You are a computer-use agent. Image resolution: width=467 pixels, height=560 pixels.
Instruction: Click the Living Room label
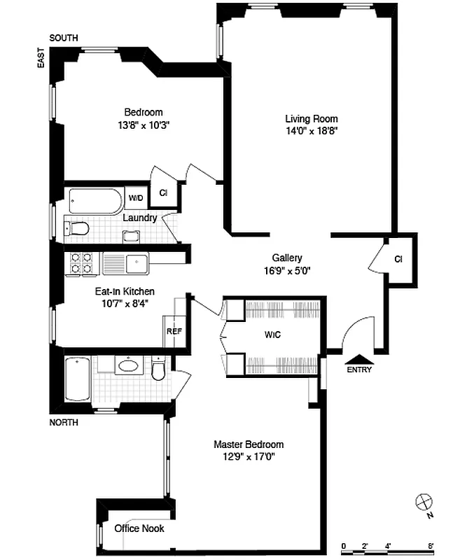point(311,118)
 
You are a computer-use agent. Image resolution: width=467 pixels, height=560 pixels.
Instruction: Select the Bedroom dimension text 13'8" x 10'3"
point(144,125)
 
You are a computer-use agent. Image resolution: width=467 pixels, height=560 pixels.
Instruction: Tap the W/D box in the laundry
point(135,198)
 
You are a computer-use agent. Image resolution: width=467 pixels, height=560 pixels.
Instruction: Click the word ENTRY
point(359,370)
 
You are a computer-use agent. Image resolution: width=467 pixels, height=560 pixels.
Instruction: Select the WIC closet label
point(272,335)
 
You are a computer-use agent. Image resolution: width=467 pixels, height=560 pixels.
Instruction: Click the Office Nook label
point(139,528)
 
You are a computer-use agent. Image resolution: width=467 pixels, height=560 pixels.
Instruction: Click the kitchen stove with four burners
point(79,262)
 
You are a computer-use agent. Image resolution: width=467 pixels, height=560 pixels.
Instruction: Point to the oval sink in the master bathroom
point(128,365)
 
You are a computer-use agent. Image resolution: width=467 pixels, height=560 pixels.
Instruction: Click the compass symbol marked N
point(423,502)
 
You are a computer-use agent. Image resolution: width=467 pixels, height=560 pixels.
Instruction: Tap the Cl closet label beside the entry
point(398,259)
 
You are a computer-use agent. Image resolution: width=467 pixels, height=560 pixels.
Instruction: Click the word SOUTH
point(64,38)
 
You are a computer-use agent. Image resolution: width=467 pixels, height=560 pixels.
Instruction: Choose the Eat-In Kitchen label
point(125,291)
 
